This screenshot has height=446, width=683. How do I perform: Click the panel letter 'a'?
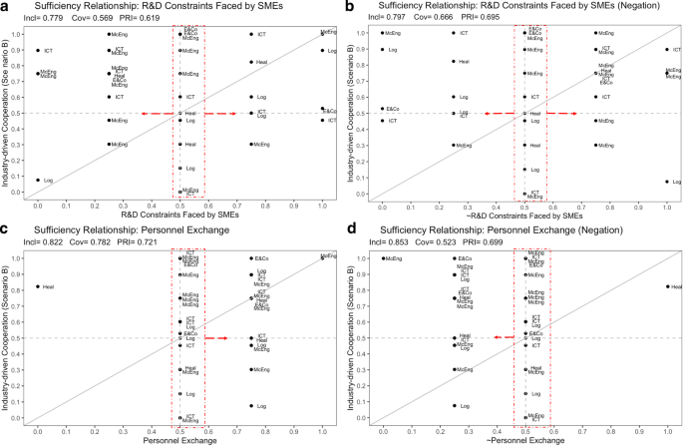coord(5,6)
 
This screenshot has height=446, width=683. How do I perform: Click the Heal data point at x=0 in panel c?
coord(38,287)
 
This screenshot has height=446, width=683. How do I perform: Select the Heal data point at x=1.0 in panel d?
coord(667,287)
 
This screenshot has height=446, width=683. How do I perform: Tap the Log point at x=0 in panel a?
coord(38,181)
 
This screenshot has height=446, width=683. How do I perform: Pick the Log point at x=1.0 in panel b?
coord(667,182)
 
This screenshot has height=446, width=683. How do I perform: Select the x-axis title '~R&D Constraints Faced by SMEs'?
coord(524,216)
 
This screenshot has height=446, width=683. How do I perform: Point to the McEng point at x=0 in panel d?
coord(383,258)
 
